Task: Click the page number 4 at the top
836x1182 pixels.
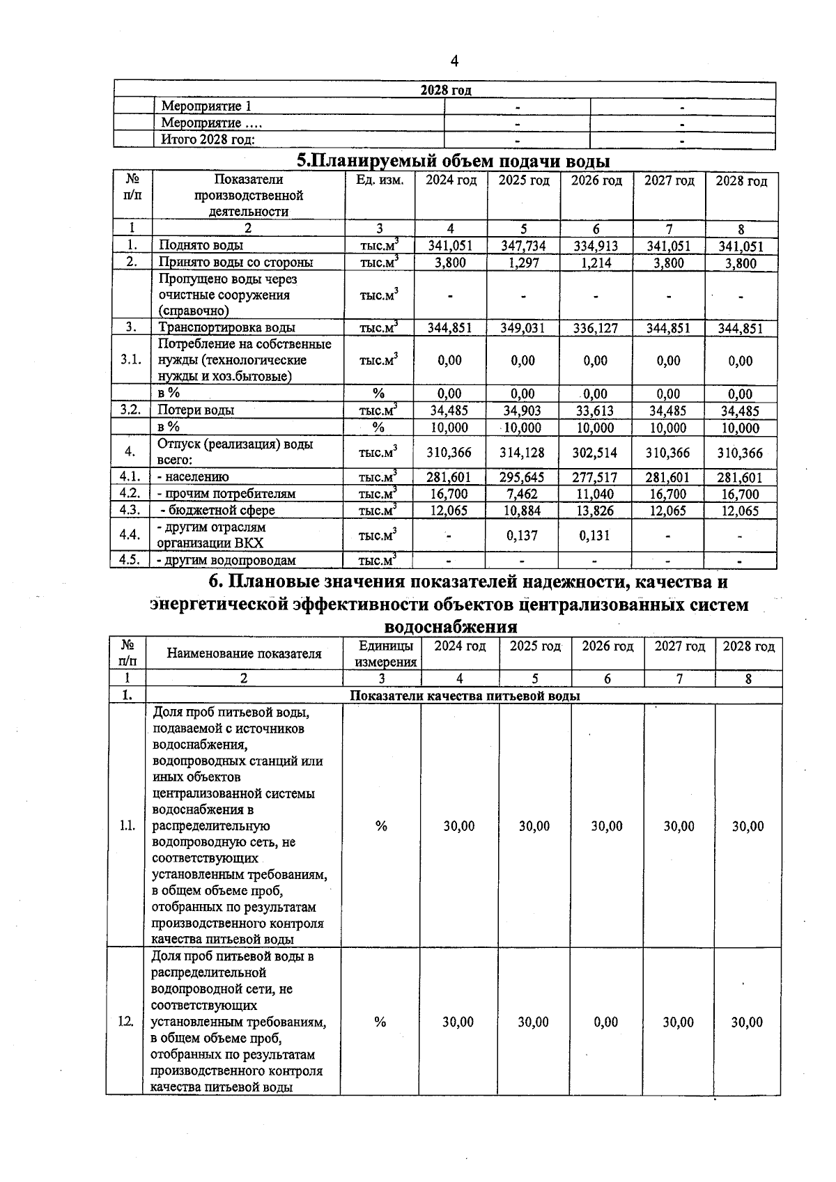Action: point(454,61)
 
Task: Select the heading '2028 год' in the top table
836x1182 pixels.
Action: point(446,91)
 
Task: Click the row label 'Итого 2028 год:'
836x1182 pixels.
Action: point(208,139)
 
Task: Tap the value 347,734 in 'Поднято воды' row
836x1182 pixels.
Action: point(523,246)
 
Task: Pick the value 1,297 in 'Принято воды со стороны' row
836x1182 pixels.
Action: point(523,263)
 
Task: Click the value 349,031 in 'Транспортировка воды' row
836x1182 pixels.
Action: point(523,328)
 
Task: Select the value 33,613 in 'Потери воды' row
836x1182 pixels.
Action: point(596,411)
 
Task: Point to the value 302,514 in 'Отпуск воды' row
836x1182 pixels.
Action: point(596,453)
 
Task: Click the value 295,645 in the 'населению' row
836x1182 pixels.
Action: point(523,477)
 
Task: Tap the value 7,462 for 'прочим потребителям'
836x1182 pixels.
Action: point(523,494)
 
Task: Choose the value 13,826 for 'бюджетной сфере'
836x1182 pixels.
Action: point(596,511)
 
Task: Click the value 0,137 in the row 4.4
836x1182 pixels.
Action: point(523,536)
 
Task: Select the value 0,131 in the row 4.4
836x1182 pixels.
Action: point(596,536)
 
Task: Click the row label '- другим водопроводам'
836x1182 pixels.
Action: point(226,560)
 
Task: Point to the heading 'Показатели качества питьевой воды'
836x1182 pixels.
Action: point(465,696)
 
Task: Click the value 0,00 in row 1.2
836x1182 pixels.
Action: point(606,1022)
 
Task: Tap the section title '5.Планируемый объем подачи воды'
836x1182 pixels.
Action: point(453,161)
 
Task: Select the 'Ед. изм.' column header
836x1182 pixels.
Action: point(380,181)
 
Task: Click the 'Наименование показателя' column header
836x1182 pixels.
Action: point(244,653)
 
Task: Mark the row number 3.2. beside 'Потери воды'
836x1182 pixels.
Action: point(130,410)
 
